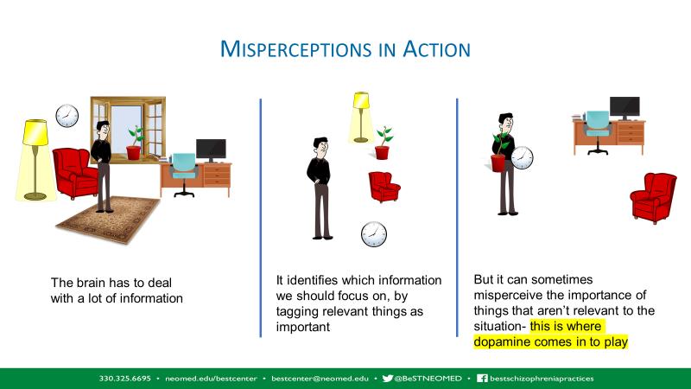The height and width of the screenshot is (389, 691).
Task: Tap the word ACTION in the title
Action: click(436, 49)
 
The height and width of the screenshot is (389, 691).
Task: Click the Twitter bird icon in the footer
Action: click(388, 379)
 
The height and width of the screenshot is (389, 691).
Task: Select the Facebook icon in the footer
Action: click(482, 379)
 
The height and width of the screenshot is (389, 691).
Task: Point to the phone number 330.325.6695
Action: click(124, 379)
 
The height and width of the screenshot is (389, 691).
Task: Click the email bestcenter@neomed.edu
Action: click(320, 379)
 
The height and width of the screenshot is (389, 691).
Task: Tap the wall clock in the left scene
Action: click(67, 116)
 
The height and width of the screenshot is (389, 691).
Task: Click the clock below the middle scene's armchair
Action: click(374, 234)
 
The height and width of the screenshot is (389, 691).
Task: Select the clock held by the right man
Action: click(523, 158)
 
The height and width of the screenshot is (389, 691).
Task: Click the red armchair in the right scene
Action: click(654, 198)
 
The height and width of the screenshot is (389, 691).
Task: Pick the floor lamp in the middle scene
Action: click(361, 118)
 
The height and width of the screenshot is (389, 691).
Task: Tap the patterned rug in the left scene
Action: click(109, 220)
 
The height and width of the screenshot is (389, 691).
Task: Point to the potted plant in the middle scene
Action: click(383, 143)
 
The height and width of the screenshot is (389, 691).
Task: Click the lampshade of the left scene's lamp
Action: click(35, 132)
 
